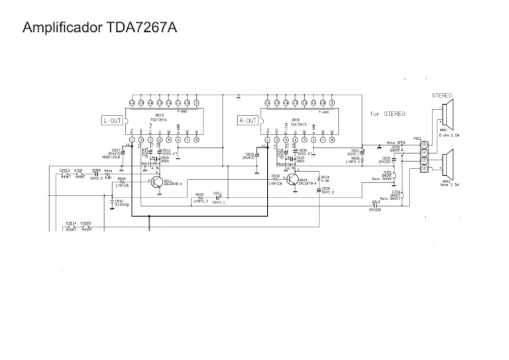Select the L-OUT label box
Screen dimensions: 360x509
[112, 121]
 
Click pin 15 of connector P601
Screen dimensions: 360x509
[424, 145]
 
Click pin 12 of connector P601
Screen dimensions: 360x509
[424, 169]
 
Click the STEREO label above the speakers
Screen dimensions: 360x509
[442, 95]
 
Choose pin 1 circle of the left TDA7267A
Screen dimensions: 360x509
[132, 140]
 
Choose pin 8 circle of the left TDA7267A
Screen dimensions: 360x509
[196, 140]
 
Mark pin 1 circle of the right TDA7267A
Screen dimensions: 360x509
[267, 140]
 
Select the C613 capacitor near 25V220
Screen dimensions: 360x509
[376, 202]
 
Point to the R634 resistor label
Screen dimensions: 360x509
[325, 177]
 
